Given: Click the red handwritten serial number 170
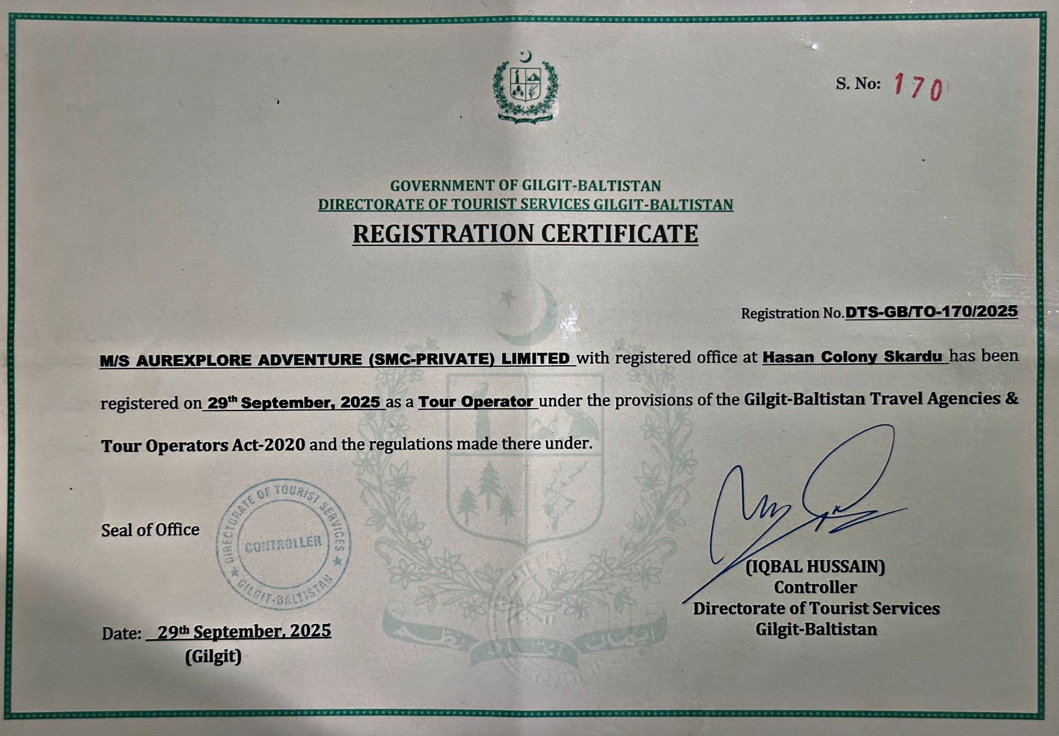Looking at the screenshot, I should (919, 87).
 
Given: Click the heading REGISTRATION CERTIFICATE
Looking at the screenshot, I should (525, 234).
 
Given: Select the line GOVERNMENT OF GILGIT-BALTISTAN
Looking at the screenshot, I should (525, 185).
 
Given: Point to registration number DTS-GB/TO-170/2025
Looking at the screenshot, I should (931, 312).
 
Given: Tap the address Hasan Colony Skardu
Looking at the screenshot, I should (853, 357).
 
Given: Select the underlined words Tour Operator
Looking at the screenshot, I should (476, 402).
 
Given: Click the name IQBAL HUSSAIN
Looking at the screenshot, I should (815, 567).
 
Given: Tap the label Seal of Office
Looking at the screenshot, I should (150, 530).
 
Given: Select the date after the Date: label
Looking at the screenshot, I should (244, 632).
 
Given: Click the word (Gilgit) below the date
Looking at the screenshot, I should (213, 656).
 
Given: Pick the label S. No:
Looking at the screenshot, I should (858, 84).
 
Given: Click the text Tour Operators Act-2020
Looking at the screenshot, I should (203, 445).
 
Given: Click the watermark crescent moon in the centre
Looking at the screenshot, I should (533, 315).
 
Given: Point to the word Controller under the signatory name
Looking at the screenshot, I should (815, 588).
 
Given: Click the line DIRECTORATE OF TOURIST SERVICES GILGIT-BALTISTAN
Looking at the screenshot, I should (525, 205).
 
